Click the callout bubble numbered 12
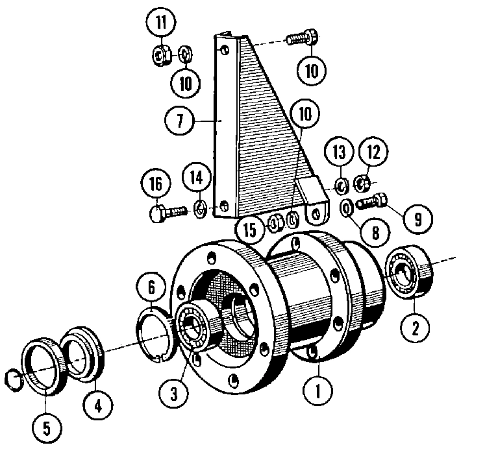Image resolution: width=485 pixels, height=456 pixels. [x=377, y=153]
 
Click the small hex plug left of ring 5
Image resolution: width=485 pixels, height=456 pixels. [x=12, y=377]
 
